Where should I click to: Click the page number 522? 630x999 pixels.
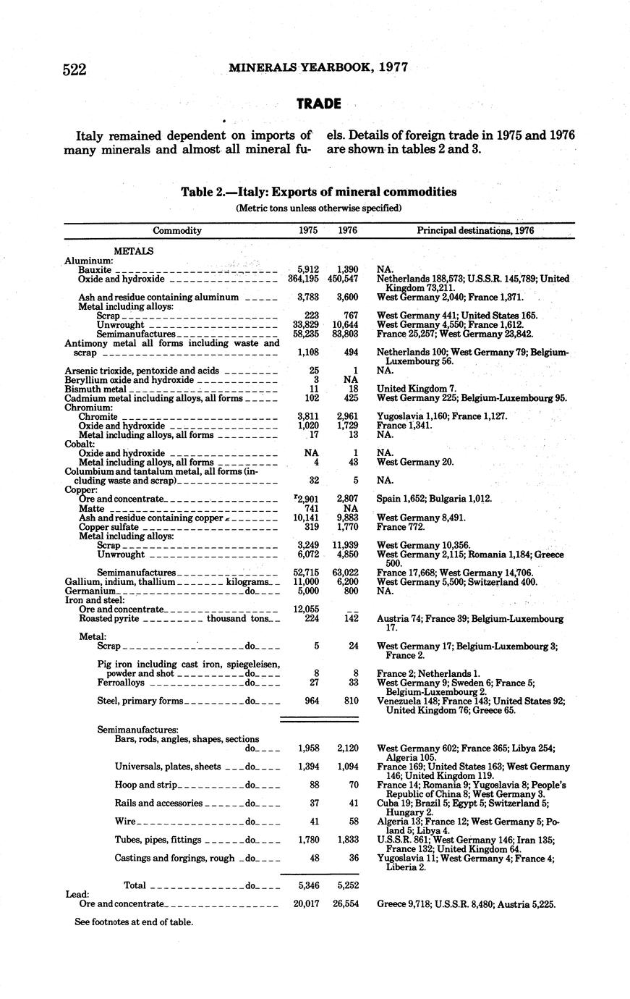(x=75, y=69)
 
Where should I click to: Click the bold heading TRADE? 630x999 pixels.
(x=318, y=104)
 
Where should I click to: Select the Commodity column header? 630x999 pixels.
(x=177, y=231)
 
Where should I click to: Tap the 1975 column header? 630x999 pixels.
(x=308, y=231)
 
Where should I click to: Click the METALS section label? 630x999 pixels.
(x=134, y=251)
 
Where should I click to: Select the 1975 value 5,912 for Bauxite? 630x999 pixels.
(x=308, y=269)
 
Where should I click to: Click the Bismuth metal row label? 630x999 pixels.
(x=95, y=389)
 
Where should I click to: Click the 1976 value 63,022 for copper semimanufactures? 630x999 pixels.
(x=345, y=573)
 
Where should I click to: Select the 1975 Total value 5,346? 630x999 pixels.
(x=308, y=885)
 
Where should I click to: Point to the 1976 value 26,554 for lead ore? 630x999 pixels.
(x=345, y=904)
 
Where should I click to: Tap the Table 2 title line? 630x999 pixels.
(x=318, y=192)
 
